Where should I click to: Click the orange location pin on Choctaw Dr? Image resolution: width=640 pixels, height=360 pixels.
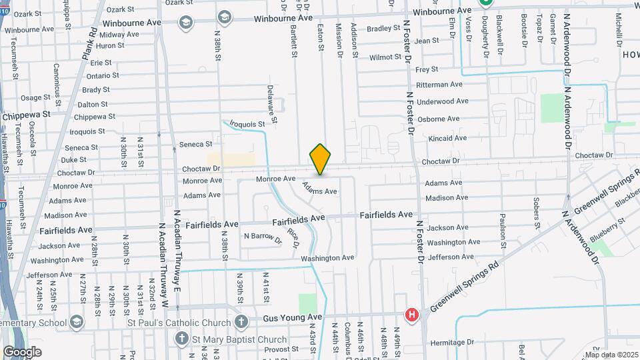320,159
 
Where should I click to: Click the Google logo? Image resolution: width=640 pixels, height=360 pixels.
22,351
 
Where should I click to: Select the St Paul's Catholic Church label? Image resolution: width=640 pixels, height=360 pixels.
179,323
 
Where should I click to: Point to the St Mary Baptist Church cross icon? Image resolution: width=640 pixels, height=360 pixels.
181,339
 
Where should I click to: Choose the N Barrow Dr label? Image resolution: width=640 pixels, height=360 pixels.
263,236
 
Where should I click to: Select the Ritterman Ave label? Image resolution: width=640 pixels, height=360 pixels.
439,85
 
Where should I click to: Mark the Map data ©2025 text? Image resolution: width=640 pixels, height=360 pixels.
612,355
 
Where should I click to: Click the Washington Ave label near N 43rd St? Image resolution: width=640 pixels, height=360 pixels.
327,258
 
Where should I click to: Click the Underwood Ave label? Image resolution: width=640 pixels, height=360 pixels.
443,101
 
